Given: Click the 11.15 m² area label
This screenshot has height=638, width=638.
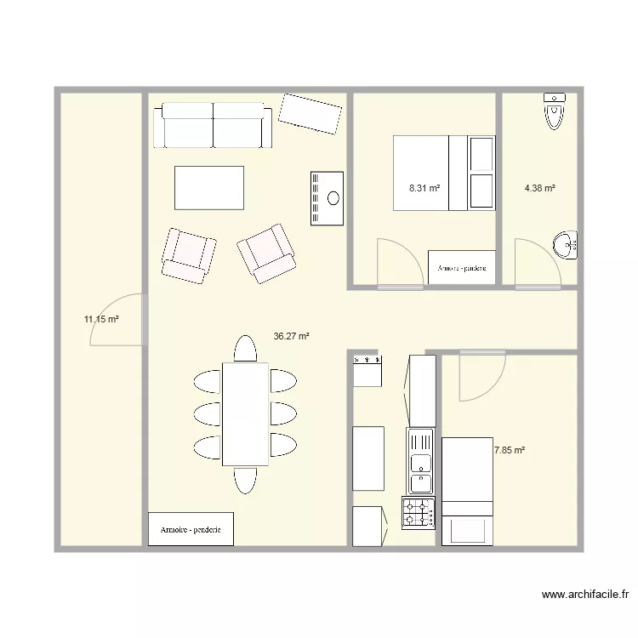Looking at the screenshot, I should click(x=100, y=320).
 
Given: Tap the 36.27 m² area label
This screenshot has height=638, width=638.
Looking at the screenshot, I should click(x=291, y=336).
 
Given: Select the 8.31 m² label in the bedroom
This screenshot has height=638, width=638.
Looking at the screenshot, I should click(x=424, y=188).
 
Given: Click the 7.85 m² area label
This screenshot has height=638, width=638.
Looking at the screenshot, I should click(x=510, y=450).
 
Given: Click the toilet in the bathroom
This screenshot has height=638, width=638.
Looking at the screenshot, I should click(x=555, y=111).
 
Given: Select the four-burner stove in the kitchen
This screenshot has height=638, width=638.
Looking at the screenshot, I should click(x=418, y=513).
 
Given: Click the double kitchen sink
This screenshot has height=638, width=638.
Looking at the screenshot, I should click(x=420, y=462).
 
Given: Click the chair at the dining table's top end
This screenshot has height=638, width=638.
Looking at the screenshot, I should click(x=245, y=349).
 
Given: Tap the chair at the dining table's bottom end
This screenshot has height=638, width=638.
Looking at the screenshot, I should click(x=245, y=480).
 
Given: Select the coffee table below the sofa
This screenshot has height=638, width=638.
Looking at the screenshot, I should click(x=209, y=187).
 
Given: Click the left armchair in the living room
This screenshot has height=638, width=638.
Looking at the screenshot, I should click(x=188, y=253).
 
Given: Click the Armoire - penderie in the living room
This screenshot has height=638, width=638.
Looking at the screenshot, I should click(x=191, y=529).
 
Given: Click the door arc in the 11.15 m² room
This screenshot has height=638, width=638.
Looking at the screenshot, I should click(x=117, y=319).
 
